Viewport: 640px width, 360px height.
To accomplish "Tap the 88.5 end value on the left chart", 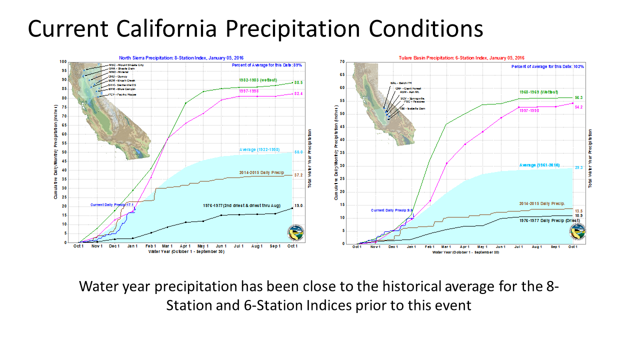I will [299, 82].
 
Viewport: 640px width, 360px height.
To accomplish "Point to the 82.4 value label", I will [299, 94].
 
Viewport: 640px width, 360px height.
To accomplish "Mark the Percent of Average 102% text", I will [547, 66].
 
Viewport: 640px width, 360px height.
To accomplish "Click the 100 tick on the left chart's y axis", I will [62, 62].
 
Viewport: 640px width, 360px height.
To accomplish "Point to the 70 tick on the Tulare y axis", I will [342, 62].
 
